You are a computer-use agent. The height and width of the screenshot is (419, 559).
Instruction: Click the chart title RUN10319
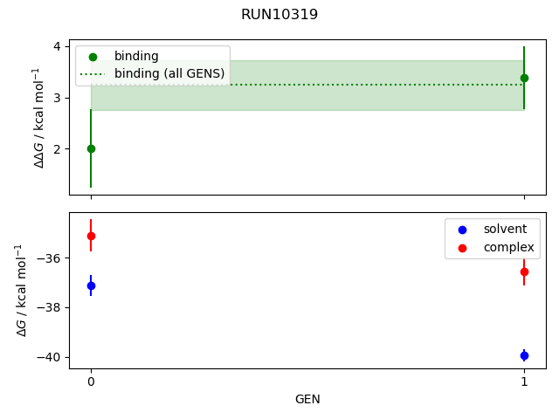pos(279,14)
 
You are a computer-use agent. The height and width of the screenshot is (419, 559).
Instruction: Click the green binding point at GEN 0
pos(91,148)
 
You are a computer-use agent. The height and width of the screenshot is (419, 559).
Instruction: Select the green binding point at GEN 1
pos(524,78)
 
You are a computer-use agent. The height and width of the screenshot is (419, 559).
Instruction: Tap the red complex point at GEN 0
pos(91,236)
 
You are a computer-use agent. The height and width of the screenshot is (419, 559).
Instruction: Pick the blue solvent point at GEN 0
pos(91,285)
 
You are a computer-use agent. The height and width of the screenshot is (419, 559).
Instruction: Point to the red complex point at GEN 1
pos(524,271)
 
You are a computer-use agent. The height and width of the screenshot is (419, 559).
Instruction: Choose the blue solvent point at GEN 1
pos(524,355)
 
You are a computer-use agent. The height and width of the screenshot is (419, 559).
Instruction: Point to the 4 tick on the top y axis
pos(56,46)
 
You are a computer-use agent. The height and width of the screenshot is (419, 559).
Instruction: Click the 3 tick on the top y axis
pos(56,97)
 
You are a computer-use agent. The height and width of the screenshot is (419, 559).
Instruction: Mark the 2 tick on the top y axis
pos(56,148)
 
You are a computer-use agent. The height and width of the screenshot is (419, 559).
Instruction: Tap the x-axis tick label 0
pos(91,381)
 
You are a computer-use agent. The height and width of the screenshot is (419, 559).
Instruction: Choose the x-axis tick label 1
pos(524,381)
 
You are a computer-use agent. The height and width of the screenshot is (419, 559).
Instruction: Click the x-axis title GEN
pos(307,399)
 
